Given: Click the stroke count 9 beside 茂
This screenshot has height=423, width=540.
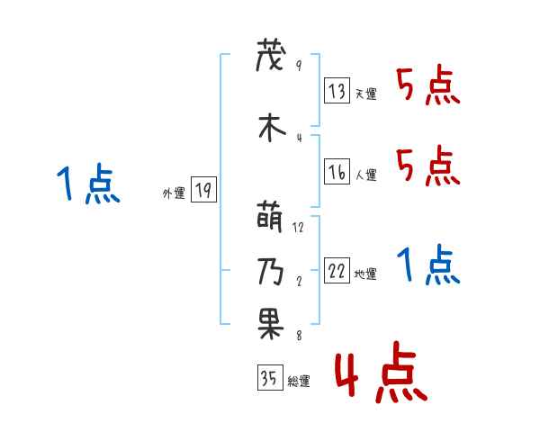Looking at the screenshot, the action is [x=298, y=66].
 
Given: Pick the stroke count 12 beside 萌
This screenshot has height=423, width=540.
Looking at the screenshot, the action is [x=299, y=227].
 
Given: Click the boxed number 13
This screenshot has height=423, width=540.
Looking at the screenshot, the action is [x=337, y=91].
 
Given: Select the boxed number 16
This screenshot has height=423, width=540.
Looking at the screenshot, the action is [x=337, y=172].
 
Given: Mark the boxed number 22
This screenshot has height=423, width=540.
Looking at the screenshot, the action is [x=337, y=271].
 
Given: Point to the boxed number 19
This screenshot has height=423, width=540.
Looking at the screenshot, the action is [x=203, y=190].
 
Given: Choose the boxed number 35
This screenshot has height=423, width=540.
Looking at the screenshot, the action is [x=269, y=378].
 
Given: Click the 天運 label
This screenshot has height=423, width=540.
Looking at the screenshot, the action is [x=366, y=94].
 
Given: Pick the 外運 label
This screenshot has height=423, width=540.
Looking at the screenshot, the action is [x=173, y=193].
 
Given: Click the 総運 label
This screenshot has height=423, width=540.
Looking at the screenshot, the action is [x=299, y=382].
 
